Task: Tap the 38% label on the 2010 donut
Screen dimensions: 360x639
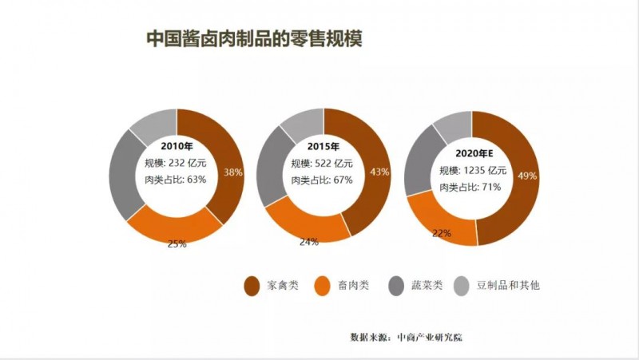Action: pyautogui.click(x=233, y=172)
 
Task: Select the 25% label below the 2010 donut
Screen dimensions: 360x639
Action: pyautogui.click(x=177, y=243)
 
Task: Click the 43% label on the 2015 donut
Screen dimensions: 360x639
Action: pyautogui.click(x=380, y=172)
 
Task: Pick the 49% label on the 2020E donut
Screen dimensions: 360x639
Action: pyautogui.click(x=528, y=176)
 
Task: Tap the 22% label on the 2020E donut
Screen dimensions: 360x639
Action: pyautogui.click(x=442, y=233)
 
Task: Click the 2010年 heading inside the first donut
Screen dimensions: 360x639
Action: pyautogui.click(x=177, y=147)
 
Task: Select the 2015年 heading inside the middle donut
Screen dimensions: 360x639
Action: pyautogui.click(x=323, y=147)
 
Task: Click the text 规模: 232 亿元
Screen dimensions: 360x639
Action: pyautogui.click(x=177, y=164)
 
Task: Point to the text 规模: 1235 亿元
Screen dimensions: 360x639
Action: pyautogui.click(x=473, y=171)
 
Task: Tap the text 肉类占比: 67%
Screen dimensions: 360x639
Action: pyautogui.click(x=323, y=180)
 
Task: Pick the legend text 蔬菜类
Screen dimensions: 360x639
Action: pyautogui.click(x=427, y=285)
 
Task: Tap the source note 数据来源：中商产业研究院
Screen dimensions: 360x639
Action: pyautogui.click(x=406, y=337)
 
